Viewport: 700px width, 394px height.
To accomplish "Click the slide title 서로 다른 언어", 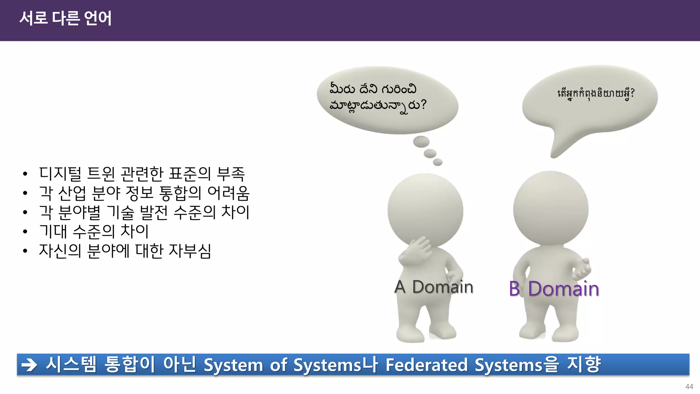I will (65, 18).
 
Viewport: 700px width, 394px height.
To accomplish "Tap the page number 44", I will (689, 386).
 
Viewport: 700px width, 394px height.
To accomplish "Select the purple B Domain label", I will (554, 289).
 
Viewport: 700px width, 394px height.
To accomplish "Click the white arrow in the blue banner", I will (29, 365).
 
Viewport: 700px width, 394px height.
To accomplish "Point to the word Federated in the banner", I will (426, 365).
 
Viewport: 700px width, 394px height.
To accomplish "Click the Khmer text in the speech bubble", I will (596, 93).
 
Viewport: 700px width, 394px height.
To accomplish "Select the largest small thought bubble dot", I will (421, 142).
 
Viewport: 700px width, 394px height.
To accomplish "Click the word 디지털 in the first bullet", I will (60, 173).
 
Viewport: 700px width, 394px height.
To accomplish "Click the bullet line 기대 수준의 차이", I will (94, 232).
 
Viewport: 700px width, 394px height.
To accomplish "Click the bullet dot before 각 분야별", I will (25, 213).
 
